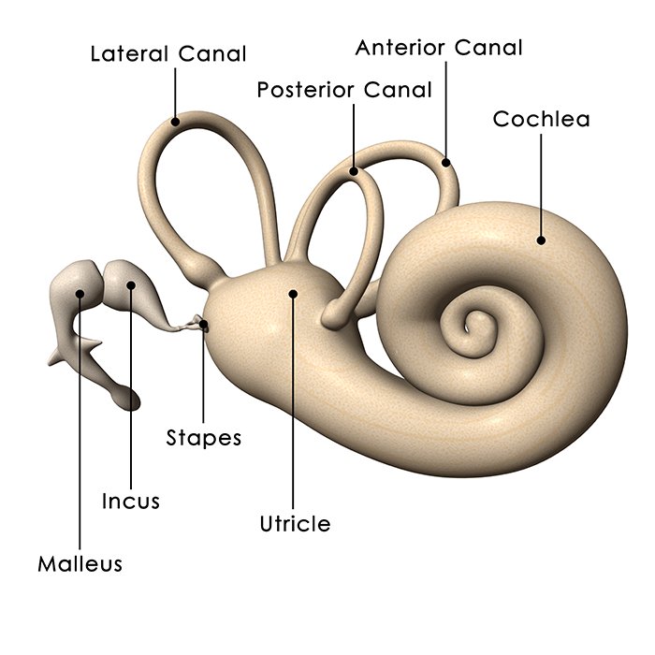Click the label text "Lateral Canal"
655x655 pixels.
168,53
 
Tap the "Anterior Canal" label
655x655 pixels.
439,47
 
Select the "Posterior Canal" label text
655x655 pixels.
344,90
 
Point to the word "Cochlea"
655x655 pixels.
541,120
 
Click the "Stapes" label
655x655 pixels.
203,437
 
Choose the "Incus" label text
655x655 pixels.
131,502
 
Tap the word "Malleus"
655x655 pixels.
80,564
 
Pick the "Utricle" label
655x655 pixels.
295,523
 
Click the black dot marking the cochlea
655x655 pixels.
541,240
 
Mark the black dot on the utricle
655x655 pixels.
294,293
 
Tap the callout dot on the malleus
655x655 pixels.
81,293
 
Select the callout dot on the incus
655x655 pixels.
132,284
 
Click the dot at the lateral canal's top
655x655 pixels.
175,120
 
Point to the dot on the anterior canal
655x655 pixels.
446,163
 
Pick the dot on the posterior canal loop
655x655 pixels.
354,171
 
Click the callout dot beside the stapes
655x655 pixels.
204,325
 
